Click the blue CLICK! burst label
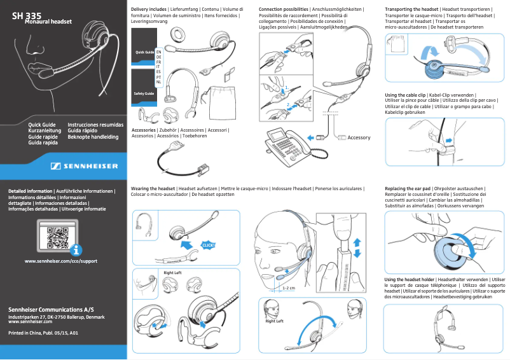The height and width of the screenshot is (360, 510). [209, 246]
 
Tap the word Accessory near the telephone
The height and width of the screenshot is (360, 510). [359, 137]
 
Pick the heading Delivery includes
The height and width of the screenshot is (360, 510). [149, 10]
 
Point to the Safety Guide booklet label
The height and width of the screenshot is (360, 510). [142, 93]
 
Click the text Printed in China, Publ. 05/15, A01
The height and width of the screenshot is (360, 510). [43, 333]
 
